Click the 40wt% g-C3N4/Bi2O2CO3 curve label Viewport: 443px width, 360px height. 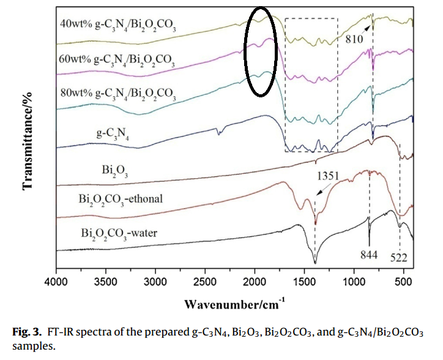point(116,26)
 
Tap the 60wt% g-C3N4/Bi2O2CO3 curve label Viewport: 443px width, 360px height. point(116,61)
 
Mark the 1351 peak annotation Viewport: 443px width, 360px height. point(327,176)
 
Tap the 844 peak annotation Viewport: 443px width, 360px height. point(368,254)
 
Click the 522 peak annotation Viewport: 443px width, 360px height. point(399,255)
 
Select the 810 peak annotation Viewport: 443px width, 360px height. point(354,38)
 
